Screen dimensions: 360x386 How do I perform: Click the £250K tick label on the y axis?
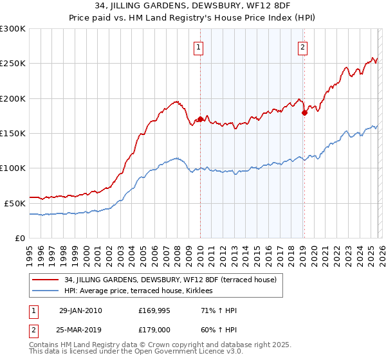(x=13, y=64)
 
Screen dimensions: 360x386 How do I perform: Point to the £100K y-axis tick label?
(x=13, y=168)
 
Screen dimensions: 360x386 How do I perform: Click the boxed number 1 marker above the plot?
(x=199, y=47)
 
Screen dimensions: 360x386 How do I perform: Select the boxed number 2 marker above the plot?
(x=302, y=47)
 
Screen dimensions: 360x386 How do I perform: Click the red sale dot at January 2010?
(x=200, y=119)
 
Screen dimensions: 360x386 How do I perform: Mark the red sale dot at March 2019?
(x=304, y=113)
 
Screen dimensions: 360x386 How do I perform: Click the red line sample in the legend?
(x=45, y=280)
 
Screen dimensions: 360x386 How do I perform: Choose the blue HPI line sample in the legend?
(x=45, y=291)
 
